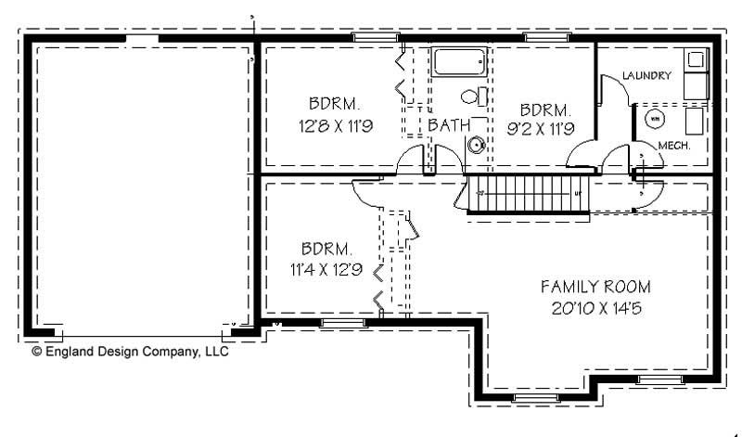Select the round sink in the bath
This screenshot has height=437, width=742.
pyautogui.click(x=477, y=144)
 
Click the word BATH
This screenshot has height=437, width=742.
pyautogui.click(x=448, y=123)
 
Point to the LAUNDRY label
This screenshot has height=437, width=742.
pyautogui.click(x=646, y=76)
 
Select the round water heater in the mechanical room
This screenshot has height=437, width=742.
pyautogui.click(x=653, y=118)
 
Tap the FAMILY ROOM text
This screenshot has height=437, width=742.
pyautogui.click(x=596, y=286)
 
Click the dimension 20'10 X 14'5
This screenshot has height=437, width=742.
pyautogui.click(x=596, y=307)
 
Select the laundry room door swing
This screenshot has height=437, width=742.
pyautogui.click(x=612, y=93)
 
